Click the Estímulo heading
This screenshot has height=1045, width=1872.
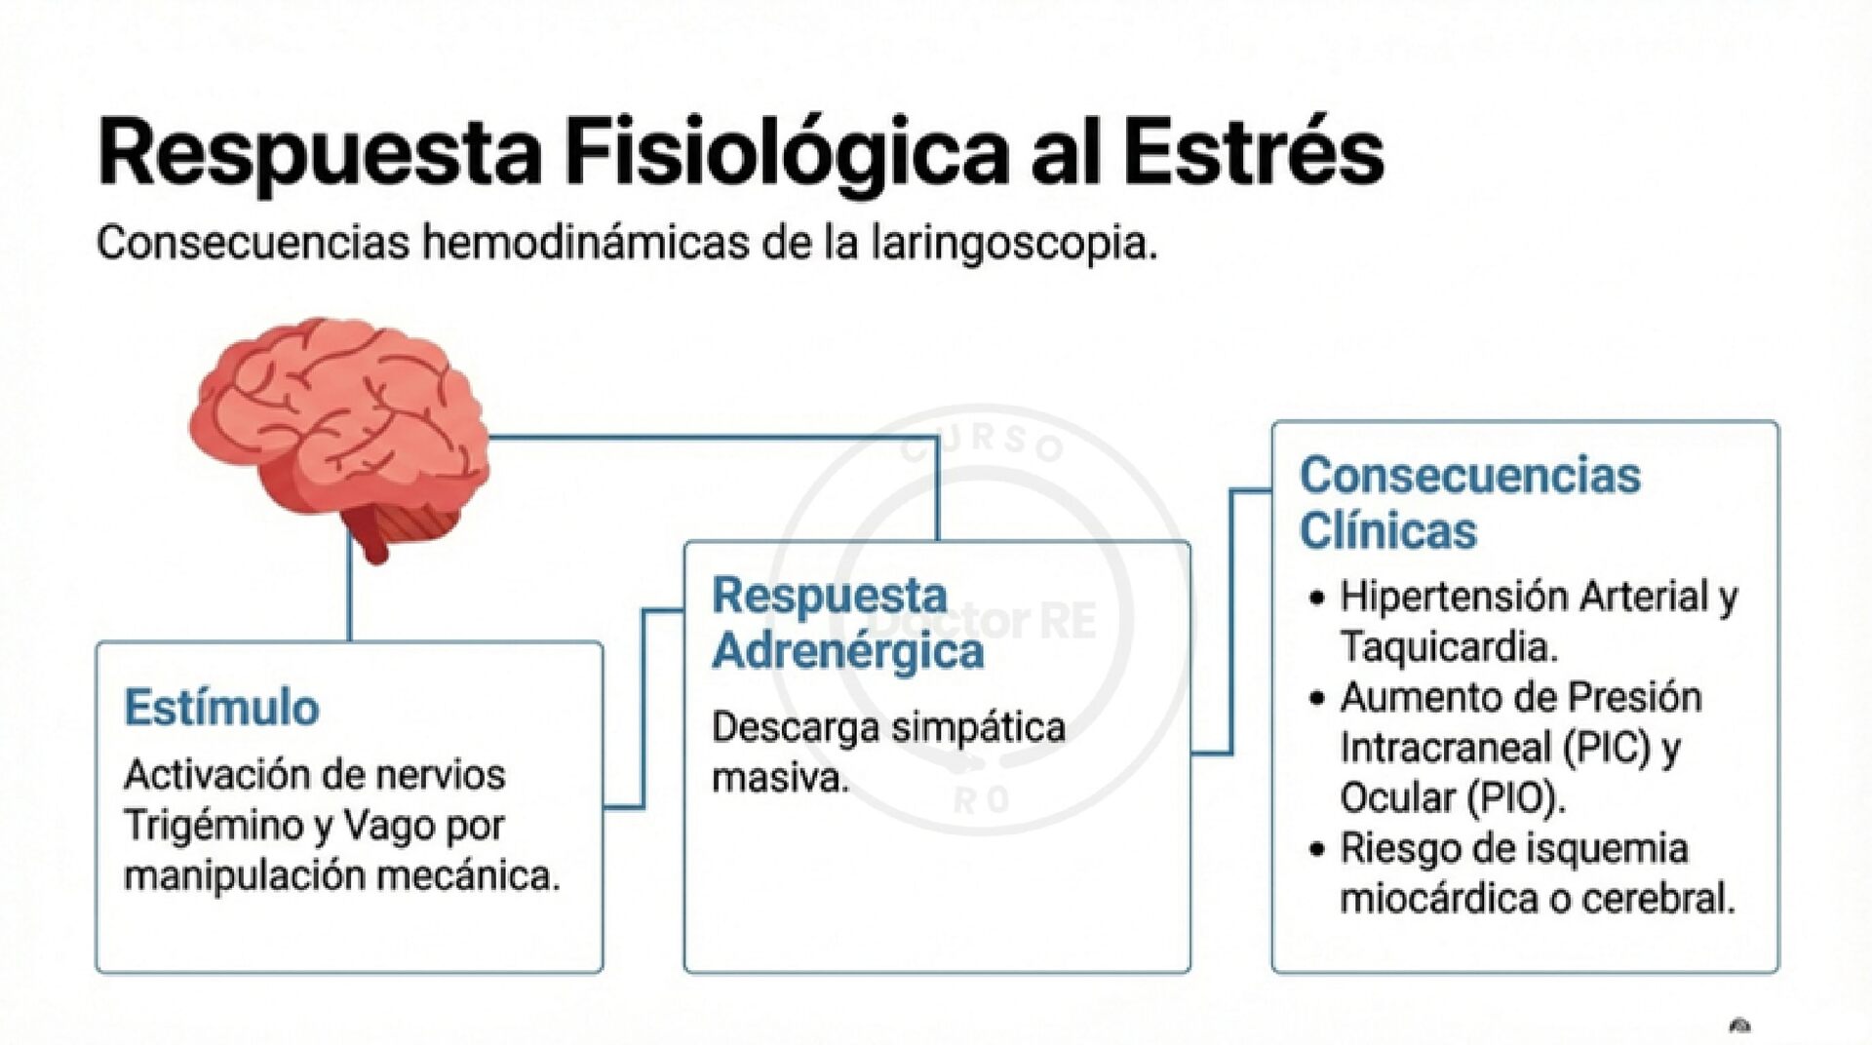click(x=221, y=708)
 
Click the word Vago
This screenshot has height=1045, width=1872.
click(x=390, y=827)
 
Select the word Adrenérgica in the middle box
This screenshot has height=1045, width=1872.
click(x=847, y=651)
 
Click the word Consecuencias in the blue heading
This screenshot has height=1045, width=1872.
click(x=1469, y=476)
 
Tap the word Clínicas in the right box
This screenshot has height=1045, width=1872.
click(x=1387, y=531)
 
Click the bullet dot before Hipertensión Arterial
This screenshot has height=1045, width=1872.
click(x=1318, y=598)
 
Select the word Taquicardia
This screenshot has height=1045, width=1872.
click(x=1448, y=646)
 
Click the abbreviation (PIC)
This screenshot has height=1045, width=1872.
click(x=1607, y=748)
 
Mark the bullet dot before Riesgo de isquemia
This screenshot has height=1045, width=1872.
click(x=1318, y=850)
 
